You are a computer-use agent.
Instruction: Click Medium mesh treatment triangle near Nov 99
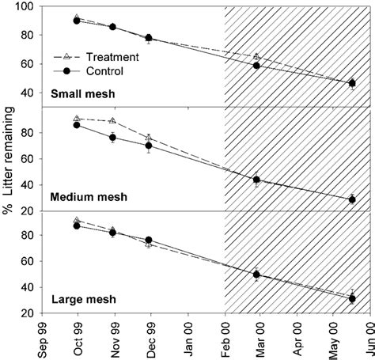click(112, 121)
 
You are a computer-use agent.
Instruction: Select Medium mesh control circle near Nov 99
click(112, 138)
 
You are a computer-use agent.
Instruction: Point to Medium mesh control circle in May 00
click(352, 199)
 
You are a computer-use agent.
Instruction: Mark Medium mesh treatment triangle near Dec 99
click(149, 138)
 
